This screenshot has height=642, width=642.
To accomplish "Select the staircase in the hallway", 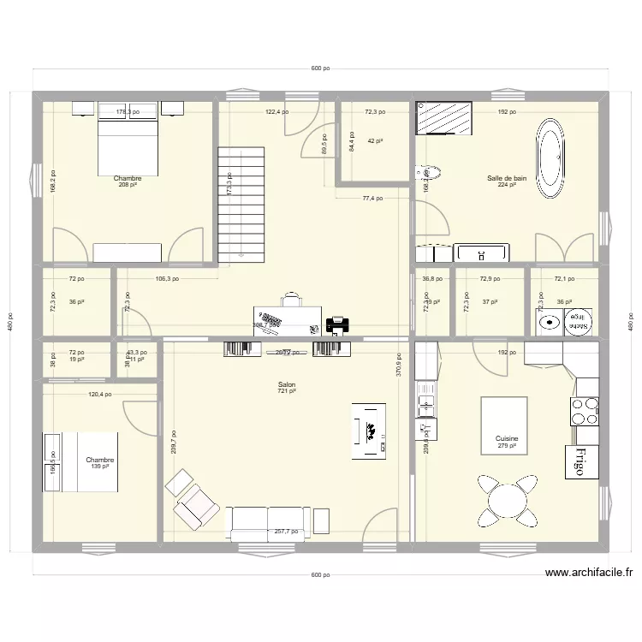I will click(x=242, y=204).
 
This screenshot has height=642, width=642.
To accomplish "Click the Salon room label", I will click(x=286, y=385).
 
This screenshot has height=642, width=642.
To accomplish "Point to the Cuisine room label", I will click(x=507, y=439).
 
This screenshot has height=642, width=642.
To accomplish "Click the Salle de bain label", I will click(x=507, y=178).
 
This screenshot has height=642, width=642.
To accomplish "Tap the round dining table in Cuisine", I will click(x=507, y=496).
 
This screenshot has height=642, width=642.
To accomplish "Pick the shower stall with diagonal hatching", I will click(x=443, y=118).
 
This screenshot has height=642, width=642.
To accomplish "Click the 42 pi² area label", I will click(x=375, y=141).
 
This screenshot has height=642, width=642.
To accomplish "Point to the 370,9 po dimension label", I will click(x=399, y=366).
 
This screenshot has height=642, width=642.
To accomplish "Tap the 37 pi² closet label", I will click(x=490, y=301).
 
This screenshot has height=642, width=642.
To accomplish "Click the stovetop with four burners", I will click(x=586, y=412).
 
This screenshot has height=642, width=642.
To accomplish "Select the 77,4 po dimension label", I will click(x=372, y=198).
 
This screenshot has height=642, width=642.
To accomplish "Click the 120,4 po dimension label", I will click(x=101, y=395).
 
